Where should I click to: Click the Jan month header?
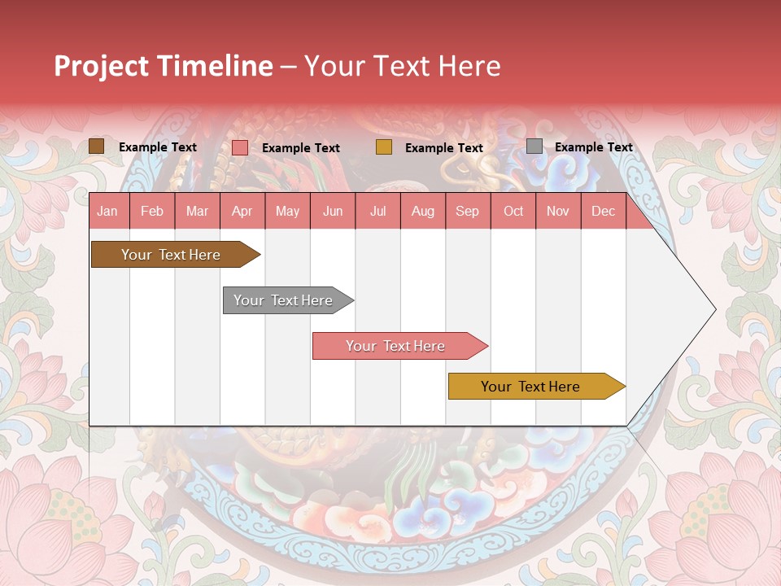108,211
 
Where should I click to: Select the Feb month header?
152,211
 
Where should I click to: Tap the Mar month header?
197,211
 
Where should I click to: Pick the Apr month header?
242,211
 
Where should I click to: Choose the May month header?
287,211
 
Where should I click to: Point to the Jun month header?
333,211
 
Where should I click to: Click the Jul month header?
377,211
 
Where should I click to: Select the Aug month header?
423,211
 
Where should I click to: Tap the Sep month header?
468,211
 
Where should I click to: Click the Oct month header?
513,211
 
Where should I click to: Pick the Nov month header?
558,211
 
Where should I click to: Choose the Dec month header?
603,211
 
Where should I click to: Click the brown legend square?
97,146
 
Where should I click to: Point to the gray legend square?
534,146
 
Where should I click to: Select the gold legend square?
384,147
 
